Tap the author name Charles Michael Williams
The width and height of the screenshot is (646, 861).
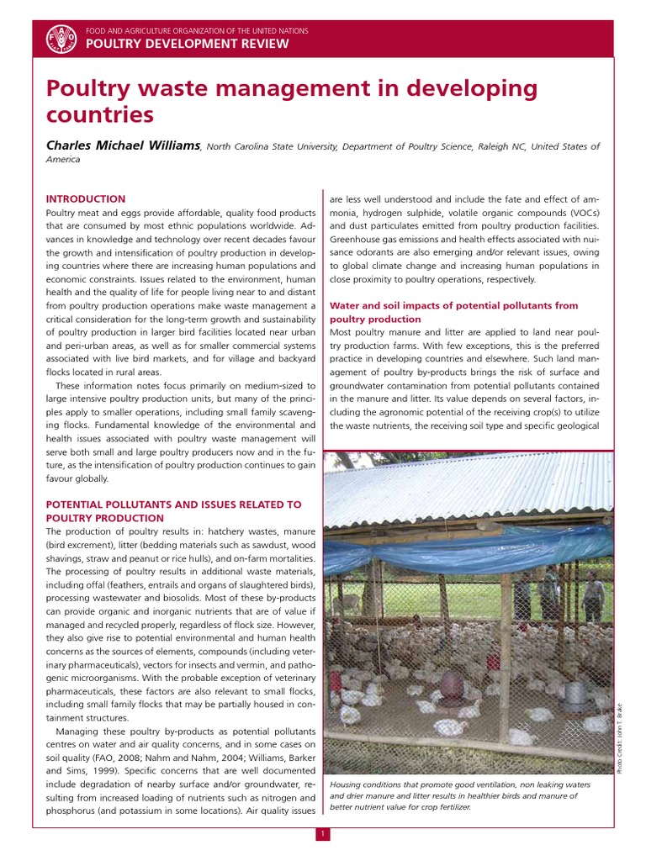coord(123,146)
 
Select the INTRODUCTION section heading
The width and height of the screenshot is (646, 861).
coord(85,199)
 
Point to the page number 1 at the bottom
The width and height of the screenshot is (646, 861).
coord(323,834)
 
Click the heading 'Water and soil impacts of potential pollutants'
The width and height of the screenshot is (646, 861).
coord(453,306)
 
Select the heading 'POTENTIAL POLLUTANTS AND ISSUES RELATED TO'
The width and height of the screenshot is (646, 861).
coord(172,504)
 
